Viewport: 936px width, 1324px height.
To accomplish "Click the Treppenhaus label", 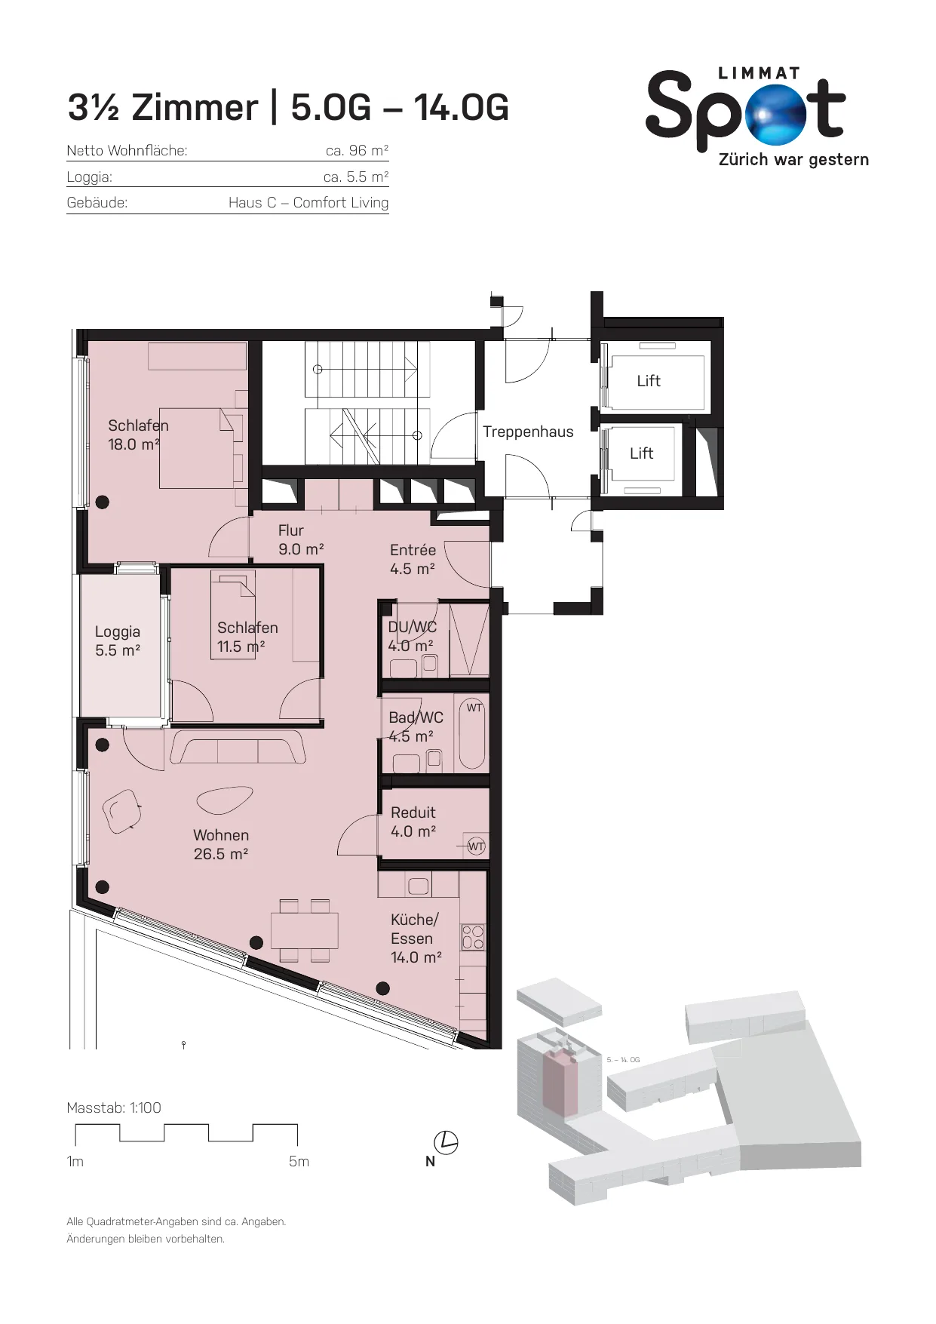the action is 528,432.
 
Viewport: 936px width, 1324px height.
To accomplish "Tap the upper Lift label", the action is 649,381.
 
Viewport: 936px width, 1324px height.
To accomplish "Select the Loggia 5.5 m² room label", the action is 118,641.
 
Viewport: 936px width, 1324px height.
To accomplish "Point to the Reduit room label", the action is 413,822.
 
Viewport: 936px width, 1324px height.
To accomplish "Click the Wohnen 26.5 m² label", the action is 221,845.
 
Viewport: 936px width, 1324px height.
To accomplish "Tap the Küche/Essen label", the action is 416,938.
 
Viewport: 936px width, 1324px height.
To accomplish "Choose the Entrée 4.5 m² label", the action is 413,560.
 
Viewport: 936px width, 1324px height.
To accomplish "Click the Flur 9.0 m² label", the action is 301,540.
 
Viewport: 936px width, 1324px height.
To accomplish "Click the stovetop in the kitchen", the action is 473,937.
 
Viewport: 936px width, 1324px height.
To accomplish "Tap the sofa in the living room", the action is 238,747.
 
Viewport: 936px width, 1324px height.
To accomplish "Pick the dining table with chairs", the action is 305,930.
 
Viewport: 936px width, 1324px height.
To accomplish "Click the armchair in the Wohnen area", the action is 121,811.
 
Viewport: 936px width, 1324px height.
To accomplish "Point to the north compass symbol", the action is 446,1142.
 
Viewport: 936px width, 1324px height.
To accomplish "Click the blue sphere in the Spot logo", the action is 775,115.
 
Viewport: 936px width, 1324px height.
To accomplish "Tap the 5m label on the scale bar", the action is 299,1162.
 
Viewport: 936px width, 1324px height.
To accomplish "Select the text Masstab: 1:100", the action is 114,1107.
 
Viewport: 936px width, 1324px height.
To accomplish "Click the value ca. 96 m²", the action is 357,150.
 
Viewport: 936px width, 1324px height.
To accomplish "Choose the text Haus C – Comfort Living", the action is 308,203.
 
